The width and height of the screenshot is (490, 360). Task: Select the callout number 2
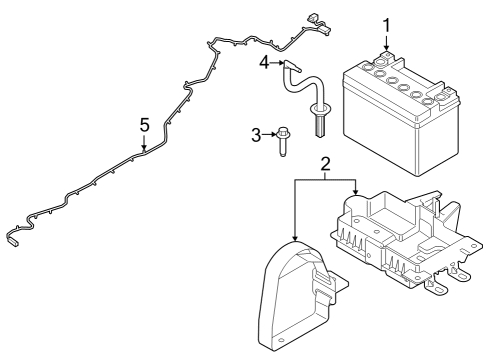323,163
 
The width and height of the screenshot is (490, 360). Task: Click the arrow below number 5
144,143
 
